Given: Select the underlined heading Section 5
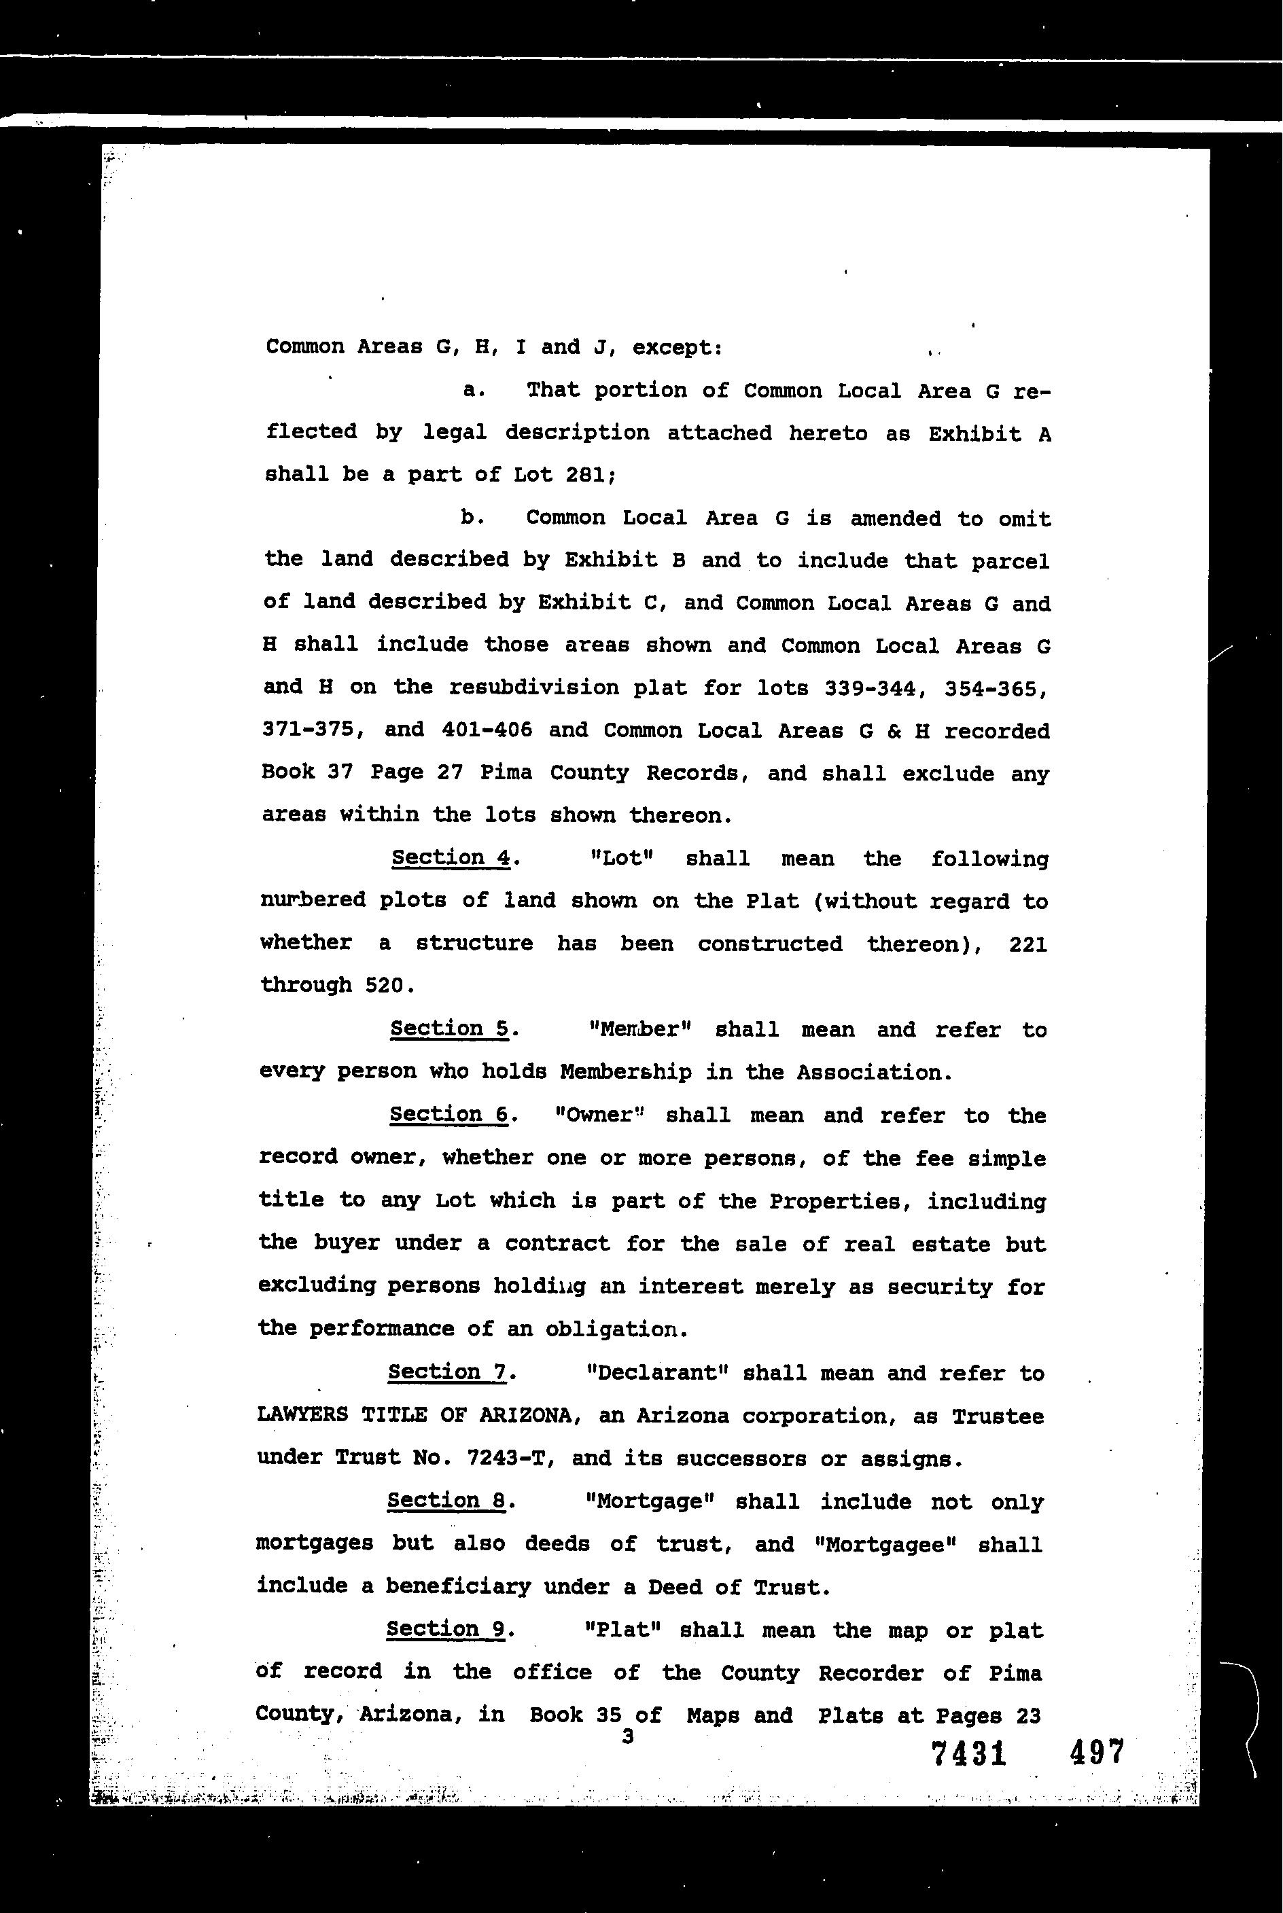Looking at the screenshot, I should [x=449, y=1029].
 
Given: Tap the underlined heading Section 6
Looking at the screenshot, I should [x=449, y=1115].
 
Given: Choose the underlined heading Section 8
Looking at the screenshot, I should [x=446, y=1500].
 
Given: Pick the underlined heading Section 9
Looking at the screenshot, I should [x=446, y=1628].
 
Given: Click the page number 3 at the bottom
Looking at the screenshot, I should [x=628, y=1736].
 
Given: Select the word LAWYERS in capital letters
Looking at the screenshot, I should [x=302, y=1416].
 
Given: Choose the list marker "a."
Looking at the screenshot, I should [x=474, y=390].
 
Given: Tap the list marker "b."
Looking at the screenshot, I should [x=472, y=518].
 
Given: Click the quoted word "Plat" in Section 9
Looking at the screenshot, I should [x=622, y=1630].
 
